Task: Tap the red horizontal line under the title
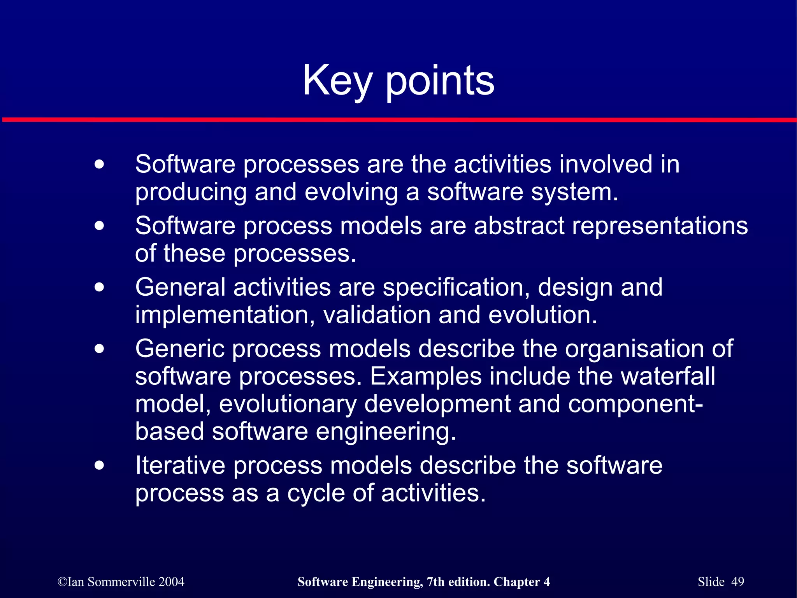coord(398,120)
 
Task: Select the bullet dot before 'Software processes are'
coord(100,164)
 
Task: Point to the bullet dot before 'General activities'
coord(100,288)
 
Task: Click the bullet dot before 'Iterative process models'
coord(100,465)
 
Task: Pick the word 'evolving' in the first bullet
coord(351,193)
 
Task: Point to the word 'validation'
coord(377,315)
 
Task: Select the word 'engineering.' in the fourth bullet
coord(386,432)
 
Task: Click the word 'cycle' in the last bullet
coord(316,493)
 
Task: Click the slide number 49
coord(737,582)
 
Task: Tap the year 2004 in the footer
coord(171,582)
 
